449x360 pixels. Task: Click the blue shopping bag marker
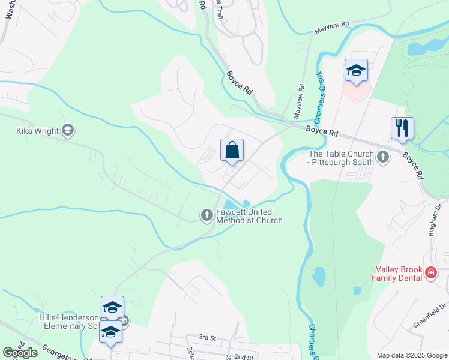[x=232, y=151]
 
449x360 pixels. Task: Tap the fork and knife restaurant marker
[x=402, y=128]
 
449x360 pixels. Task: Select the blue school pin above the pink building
[x=355, y=71]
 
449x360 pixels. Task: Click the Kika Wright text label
[x=38, y=130]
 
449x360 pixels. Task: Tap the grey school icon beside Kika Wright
[x=68, y=130]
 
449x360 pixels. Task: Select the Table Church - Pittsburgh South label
[x=341, y=158]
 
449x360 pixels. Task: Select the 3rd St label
[x=207, y=338]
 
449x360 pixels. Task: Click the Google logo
[x=20, y=353]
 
